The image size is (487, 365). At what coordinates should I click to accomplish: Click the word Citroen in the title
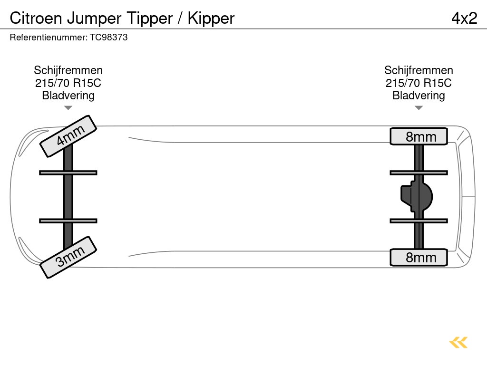[x=36, y=18]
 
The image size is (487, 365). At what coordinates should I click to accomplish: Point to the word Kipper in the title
[x=211, y=18]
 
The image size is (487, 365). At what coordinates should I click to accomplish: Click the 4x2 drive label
[x=464, y=18]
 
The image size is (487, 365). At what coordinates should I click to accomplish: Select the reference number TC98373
[x=109, y=37]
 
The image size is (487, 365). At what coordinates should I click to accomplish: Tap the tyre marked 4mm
[x=68, y=135]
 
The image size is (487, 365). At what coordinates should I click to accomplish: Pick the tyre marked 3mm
[x=68, y=257]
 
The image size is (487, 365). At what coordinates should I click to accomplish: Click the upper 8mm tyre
[x=419, y=137]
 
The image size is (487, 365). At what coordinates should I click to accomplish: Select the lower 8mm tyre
[x=419, y=258]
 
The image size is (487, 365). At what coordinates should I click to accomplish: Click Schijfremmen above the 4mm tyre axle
[x=68, y=70]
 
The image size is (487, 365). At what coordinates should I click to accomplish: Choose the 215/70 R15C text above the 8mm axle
[x=419, y=83]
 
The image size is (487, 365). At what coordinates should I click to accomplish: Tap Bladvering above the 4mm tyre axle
[x=68, y=96]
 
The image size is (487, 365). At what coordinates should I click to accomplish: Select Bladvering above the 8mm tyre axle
[x=419, y=96]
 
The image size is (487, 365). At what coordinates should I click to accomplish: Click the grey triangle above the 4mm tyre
[x=68, y=108]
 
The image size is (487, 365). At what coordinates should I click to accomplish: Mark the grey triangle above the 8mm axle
[x=419, y=108]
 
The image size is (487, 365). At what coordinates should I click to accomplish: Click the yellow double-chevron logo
[x=458, y=342]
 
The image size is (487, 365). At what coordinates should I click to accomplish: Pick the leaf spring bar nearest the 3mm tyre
[x=68, y=221]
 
